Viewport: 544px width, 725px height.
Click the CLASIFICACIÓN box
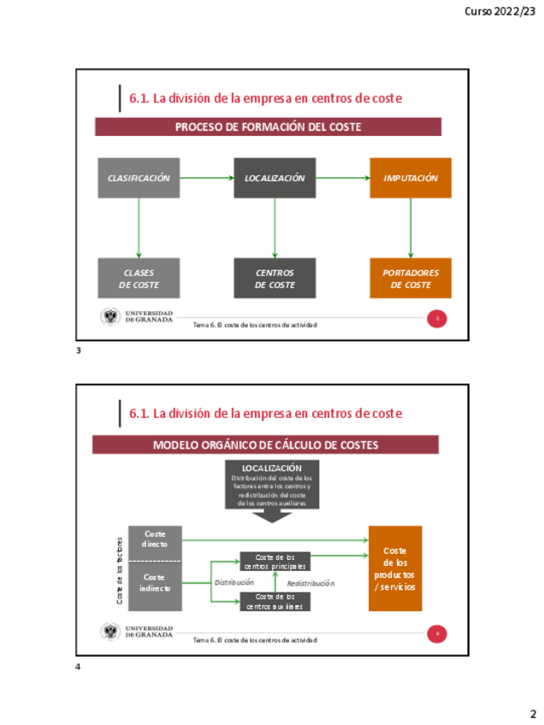coord(139,178)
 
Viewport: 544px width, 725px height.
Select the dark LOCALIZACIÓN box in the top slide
coord(275,178)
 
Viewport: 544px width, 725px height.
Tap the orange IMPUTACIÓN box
coord(411,178)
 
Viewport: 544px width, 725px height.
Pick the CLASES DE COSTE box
coord(139,279)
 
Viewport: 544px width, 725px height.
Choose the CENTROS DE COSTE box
coord(275,279)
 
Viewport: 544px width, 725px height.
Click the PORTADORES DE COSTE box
coord(411,279)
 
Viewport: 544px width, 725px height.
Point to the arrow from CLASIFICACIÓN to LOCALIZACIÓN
coord(206,178)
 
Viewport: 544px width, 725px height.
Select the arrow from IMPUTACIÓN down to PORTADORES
coord(411,228)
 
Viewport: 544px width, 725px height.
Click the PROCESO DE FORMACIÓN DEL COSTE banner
coord(268,127)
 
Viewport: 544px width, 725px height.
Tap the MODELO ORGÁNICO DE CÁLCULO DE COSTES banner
coord(265,445)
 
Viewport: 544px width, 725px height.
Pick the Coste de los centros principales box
coord(275,561)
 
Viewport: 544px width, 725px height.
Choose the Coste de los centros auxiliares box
coord(275,601)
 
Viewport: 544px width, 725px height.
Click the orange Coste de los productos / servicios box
coord(395,569)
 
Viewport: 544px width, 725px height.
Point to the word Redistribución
coord(310,583)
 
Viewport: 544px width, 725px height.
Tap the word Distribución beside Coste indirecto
coord(234,582)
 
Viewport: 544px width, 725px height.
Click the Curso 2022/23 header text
coord(500,11)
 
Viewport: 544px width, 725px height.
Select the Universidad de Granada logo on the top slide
coord(110,317)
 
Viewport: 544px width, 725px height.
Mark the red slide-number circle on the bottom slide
coord(437,634)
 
